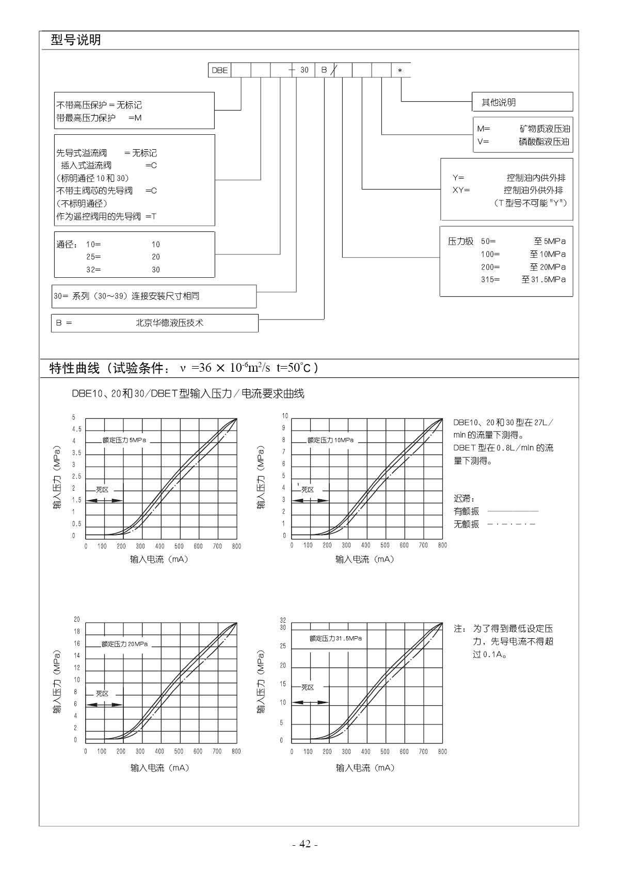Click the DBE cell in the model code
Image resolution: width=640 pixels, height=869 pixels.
coord(220,70)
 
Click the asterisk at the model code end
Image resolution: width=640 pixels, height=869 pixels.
coord(400,71)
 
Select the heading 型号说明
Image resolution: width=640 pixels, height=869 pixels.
coord(76,40)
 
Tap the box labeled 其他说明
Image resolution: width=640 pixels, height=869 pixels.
coord(522,102)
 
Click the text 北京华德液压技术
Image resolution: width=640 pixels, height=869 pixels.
coord(169,323)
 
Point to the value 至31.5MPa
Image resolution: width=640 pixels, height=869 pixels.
coord(543,279)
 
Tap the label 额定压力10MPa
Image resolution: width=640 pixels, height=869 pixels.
coord(330,440)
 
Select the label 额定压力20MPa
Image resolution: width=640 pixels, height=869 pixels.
coord(124,644)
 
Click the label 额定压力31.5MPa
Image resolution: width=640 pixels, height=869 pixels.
coord(335,638)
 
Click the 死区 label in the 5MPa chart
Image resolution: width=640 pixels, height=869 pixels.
coord(102,489)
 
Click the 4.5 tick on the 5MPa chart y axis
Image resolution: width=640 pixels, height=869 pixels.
coord(76,429)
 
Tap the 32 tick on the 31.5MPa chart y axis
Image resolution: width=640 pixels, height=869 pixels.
coord(283,620)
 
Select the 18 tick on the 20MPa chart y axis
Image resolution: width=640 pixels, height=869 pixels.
coord(77,631)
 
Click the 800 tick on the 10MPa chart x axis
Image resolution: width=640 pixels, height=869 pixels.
coord(442,545)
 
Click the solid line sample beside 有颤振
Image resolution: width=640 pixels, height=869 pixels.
coord(513,511)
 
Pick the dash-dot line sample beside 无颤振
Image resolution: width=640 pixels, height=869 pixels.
coord(511,524)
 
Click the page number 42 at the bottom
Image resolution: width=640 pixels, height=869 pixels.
coord(305,844)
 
